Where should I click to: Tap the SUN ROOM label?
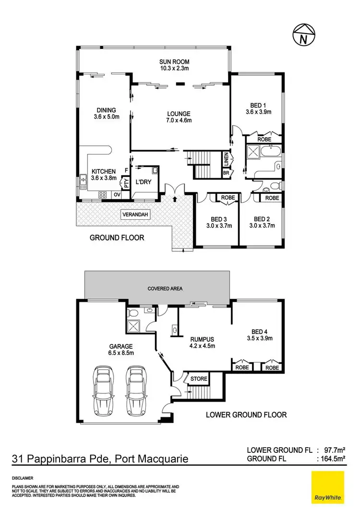pyautogui.click(x=175, y=61)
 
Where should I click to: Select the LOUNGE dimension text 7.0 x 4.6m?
pyautogui.click(x=179, y=120)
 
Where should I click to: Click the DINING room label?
pyautogui.click(x=106, y=110)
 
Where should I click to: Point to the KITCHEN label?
pyautogui.click(x=103, y=171)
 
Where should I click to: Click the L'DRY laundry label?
pyautogui.click(x=143, y=182)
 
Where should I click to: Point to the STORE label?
pyautogui.click(x=199, y=379)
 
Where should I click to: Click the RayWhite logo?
pyautogui.click(x=328, y=487)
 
